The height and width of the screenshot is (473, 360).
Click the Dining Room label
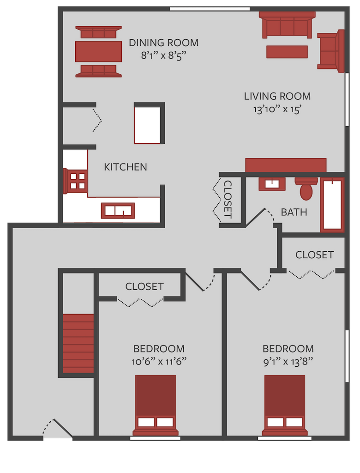[163, 43]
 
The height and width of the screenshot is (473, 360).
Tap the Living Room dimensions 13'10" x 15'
[277, 110]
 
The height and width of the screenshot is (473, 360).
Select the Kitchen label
[126, 167]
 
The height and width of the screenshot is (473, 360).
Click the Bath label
[294, 212]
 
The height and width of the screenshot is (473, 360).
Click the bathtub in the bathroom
[332, 205]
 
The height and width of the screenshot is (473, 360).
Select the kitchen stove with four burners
[78, 181]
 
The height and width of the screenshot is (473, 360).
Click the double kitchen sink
[118, 211]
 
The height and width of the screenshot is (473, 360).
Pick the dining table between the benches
[98, 51]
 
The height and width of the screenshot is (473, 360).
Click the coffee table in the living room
[287, 52]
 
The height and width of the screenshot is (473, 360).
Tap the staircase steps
[78, 343]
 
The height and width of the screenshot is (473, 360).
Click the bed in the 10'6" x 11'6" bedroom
[156, 404]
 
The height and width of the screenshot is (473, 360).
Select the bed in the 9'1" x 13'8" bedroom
[285, 404]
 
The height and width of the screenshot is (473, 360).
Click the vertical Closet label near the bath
[228, 199]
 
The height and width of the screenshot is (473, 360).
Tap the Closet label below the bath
[314, 255]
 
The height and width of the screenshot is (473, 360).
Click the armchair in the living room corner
[330, 51]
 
